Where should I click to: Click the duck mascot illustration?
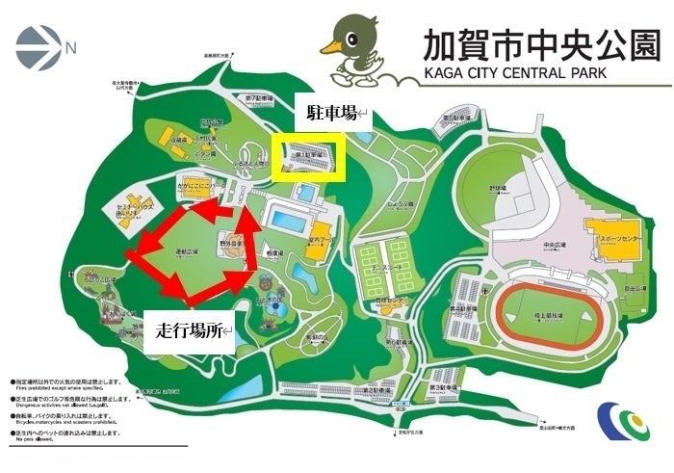click(355, 50)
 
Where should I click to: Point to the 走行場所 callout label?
click(189, 330)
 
